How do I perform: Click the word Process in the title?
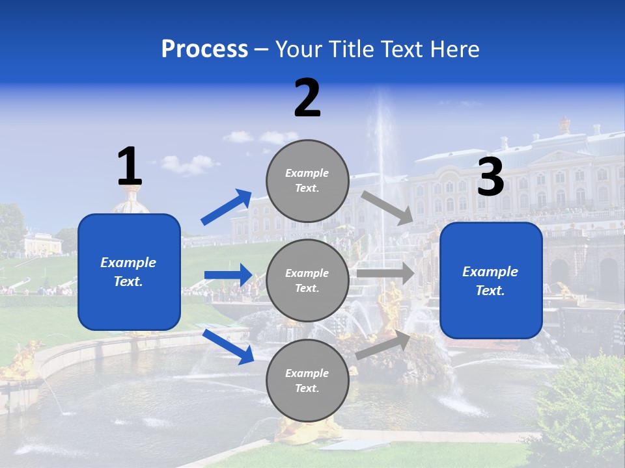(204, 49)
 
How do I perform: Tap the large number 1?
(130, 167)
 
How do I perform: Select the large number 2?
(307, 98)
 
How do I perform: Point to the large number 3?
(491, 177)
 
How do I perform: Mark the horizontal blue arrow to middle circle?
(228, 275)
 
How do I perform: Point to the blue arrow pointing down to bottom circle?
(228, 346)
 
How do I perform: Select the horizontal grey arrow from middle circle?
(385, 274)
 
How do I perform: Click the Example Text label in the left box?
(128, 272)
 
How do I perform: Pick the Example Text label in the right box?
(490, 281)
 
